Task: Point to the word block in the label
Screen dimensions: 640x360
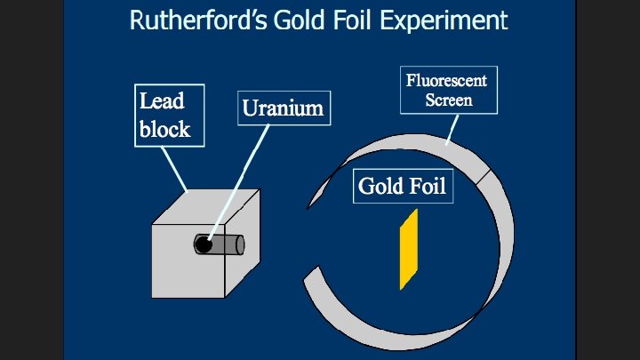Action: point(164,129)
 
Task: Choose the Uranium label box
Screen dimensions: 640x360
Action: point(283,108)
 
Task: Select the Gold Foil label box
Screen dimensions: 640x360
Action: point(402,186)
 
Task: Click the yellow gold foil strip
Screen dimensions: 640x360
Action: point(409,250)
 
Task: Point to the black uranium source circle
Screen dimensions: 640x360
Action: point(204,244)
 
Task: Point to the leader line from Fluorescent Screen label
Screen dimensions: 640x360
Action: point(451,129)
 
